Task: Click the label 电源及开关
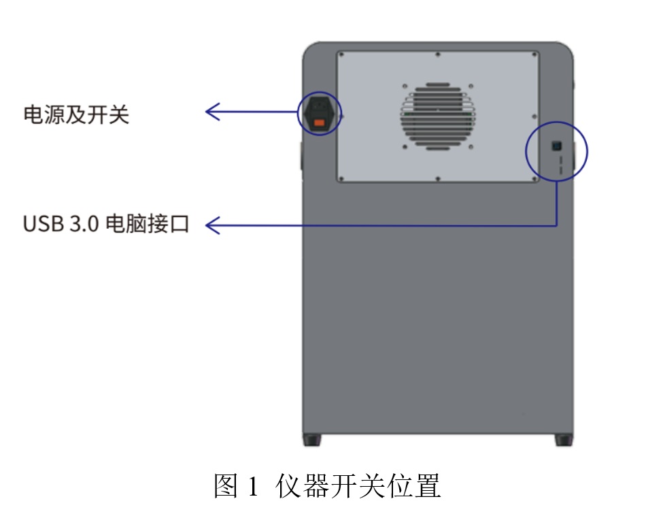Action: [x=76, y=114]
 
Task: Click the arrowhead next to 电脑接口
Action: [x=211, y=225]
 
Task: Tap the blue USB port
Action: [x=556, y=146]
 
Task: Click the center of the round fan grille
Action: [x=437, y=115]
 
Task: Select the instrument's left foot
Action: [x=311, y=440]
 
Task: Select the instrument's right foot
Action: [x=564, y=440]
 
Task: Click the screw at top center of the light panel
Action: [x=437, y=54]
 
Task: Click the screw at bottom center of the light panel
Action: [x=437, y=178]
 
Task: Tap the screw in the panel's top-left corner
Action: [x=341, y=54]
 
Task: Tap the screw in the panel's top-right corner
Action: [x=534, y=54]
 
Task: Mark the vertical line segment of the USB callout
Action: [x=557, y=203]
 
